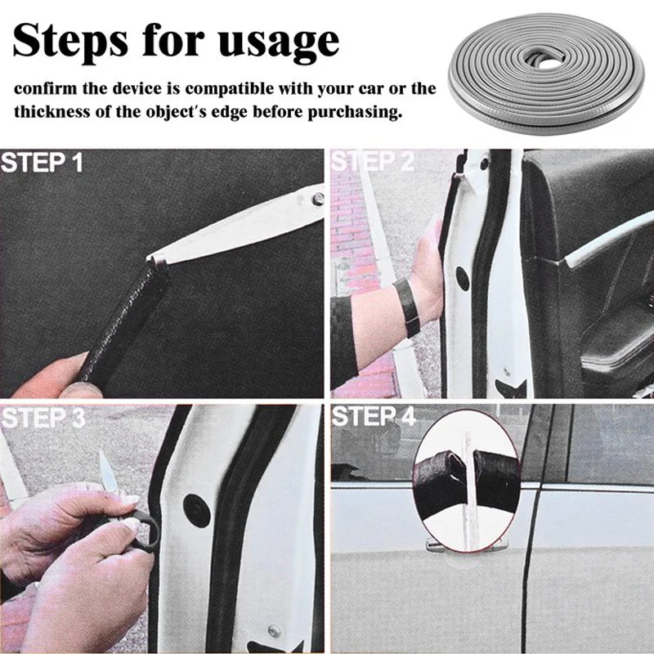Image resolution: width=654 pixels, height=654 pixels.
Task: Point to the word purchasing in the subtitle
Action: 355,113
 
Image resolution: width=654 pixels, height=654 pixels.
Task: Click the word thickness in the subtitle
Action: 52,111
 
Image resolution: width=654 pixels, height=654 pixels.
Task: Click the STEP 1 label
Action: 42,163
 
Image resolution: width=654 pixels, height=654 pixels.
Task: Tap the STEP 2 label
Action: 373,161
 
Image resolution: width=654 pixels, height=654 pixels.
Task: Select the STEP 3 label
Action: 43,418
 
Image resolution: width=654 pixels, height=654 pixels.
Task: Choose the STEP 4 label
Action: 374,416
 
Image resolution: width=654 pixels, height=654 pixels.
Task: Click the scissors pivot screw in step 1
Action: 318,199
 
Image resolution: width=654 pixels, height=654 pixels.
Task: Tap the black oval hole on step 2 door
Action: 463,278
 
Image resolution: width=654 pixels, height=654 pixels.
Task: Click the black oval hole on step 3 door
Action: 197,510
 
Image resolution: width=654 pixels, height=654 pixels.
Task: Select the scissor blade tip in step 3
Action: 101,453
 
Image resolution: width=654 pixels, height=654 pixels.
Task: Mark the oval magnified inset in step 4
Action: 466,481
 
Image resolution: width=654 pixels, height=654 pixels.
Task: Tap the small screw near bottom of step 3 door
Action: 274,631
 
